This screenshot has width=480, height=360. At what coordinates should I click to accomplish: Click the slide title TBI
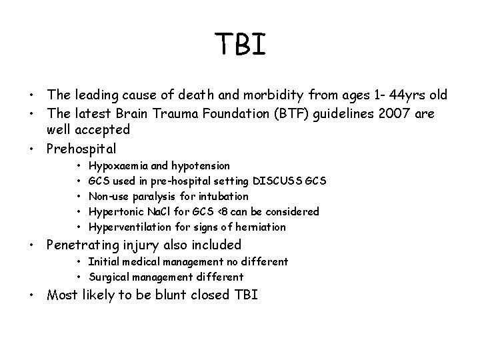241,45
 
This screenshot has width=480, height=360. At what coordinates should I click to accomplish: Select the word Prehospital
81,148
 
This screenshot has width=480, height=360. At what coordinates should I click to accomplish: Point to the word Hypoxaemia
113,165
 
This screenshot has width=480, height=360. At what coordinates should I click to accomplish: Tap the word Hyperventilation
125,227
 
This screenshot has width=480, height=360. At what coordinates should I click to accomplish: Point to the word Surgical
109,277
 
